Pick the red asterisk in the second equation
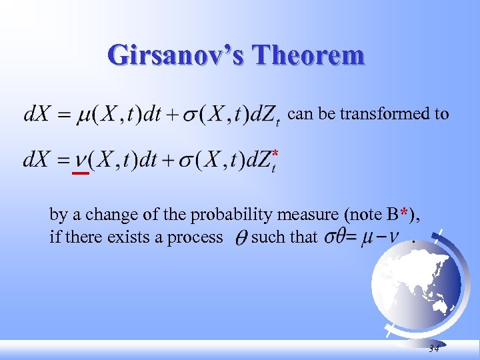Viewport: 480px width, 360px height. click(x=275, y=155)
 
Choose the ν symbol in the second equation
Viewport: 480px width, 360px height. click(x=79, y=161)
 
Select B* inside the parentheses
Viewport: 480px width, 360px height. click(x=397, y=215)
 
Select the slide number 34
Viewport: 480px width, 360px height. click(x=434, y=349)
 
